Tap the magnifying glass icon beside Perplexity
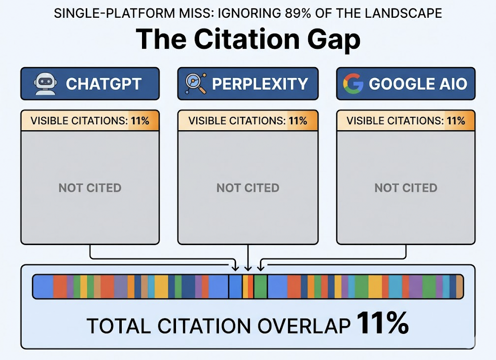(x=195, y=84)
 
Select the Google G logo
(x=353, y=84)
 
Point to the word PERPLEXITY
(x=260, y=84)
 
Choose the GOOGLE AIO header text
(x=418, y=84)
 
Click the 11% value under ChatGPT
(x=140, y=121)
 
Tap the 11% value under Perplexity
(x=297, y=121)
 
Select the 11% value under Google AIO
(x=456, y=121)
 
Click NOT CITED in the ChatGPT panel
(x=90, y=188)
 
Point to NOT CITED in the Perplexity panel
(x=248, y=188)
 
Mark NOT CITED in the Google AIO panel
(x=406, y=188)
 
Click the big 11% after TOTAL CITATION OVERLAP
(x=382, y=323)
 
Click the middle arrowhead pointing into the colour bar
(x=248, y=268)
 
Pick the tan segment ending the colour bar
(x=460, y=287)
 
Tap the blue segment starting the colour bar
(x=43, y=287)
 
